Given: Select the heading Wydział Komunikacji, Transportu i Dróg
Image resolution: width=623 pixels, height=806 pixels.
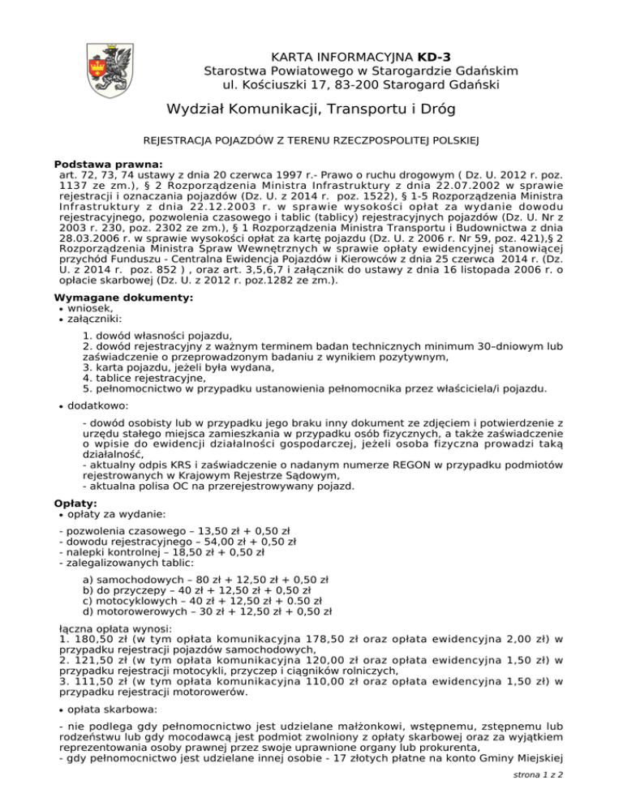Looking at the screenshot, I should tap(311, 109).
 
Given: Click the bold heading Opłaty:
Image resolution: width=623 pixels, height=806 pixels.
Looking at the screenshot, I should tap(75, 504).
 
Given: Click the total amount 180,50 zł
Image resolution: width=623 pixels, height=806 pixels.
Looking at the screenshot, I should tap(95, 640).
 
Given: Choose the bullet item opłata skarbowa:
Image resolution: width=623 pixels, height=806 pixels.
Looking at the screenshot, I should tap(111, 708).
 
